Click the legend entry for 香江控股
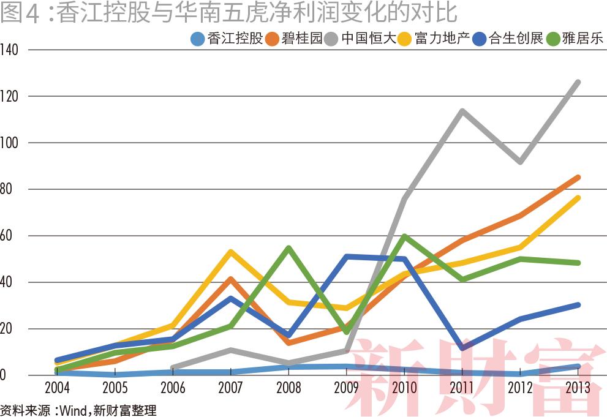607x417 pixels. click(227, 39)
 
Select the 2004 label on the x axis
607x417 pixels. click(57, 389)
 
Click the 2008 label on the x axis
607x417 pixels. click(288, 389)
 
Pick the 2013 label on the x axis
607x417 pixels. click(578, 389)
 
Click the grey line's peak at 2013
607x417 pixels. click(578, 82)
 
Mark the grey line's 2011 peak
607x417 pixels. click(462, 111)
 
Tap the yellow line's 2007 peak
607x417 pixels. click(230, 252)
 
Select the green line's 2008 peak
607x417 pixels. click(288, 248)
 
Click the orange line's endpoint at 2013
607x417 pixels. click(578, 177)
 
